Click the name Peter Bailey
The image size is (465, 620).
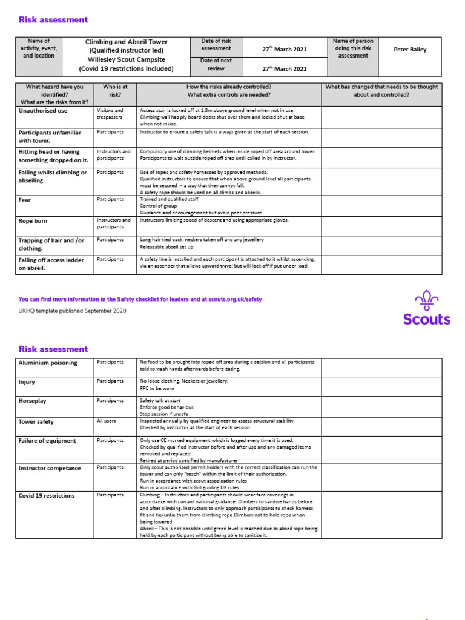(410, 50)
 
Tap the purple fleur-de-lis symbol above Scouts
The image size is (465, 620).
(427, 300)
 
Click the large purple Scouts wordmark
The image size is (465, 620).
(427, 319)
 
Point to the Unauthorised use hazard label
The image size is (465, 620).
(43, 111)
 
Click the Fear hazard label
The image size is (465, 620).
(25, 200)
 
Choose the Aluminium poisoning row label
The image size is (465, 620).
(48, 363)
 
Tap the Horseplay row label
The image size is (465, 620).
(33, 401)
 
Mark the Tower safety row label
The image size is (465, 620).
(36, 421)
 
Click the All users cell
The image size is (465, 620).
(107, 420)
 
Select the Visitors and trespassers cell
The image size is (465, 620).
(110, 114)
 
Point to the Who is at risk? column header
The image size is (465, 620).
(116, 91)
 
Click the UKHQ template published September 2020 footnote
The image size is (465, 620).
(73, 311)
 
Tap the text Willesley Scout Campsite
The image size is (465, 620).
(127, 60)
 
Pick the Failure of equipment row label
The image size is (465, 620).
(47, 441)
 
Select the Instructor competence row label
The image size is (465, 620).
(50, 468)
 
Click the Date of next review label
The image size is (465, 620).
(216, 65)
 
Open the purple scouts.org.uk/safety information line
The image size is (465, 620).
(140, 299)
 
